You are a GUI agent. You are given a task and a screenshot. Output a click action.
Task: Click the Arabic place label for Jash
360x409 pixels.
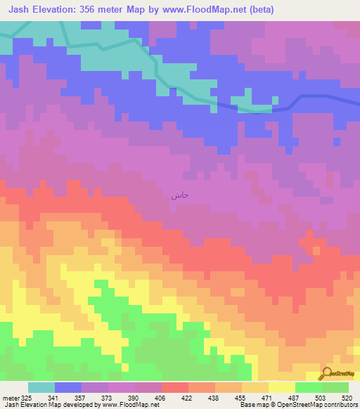click(x=179, y=196)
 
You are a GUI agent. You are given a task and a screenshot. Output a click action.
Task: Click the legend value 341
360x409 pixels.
click(x=55, y=397)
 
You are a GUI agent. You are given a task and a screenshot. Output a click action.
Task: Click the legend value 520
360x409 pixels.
click(x=347, y=397)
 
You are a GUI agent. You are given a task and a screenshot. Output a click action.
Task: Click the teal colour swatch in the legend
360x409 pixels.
click(x=41, y=387)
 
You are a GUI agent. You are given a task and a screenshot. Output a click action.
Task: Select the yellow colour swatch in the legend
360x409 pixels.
click(x=281, y=387)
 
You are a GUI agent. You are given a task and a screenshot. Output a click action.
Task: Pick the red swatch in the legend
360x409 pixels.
click(x=174, y=387)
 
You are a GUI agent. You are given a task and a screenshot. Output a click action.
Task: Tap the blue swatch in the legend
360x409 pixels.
click(x=68, y=387)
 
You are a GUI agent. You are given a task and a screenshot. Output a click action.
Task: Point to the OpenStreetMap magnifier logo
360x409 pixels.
click(x=327, y=374)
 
